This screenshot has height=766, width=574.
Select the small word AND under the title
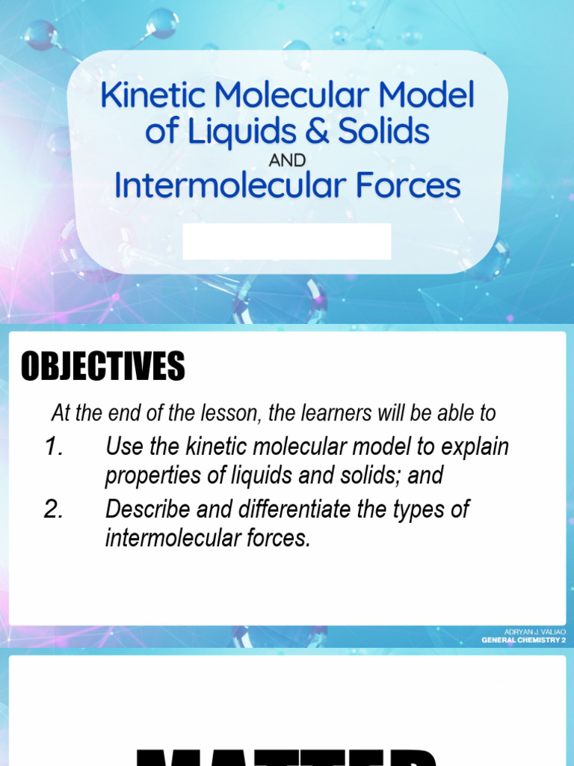(288, 160)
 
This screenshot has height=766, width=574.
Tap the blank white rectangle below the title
(287, 241)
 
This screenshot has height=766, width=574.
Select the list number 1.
(54, 447)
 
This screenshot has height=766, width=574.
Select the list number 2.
(54, 509)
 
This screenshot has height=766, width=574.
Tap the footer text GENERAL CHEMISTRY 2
(524, 640)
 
